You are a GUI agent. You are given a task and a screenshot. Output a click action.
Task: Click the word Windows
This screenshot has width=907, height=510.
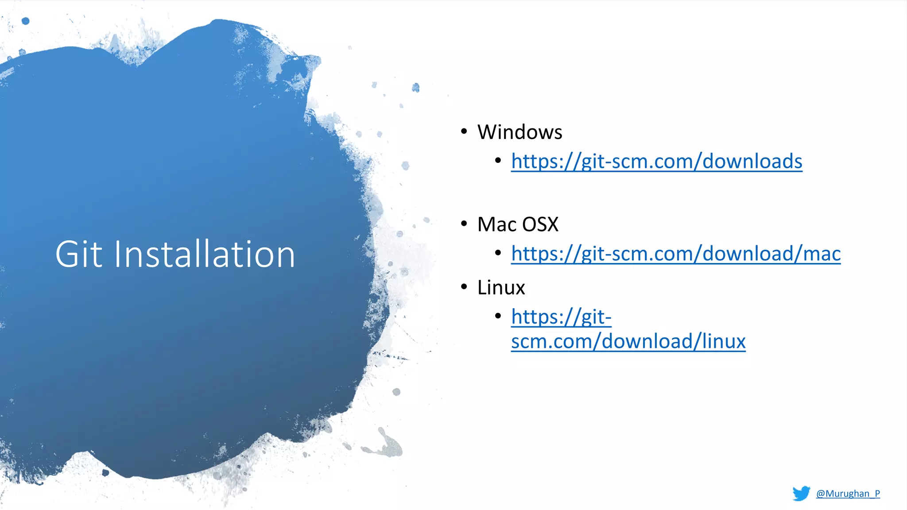[x=519, y=132]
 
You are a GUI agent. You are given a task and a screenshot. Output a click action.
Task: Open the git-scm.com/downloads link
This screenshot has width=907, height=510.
[x=656, y=161]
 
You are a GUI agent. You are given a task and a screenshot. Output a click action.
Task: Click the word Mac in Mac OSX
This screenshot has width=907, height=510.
[x=496, y=224]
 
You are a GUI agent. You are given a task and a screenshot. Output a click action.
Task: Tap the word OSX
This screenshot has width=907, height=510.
[x=540, y=224]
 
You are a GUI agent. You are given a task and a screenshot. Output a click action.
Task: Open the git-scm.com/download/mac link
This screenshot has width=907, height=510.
[x=675, y=254]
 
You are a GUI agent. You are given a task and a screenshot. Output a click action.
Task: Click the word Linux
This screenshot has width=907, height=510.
[x=501, y=288]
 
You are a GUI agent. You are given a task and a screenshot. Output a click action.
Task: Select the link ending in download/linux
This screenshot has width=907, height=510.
[x=628, y=341]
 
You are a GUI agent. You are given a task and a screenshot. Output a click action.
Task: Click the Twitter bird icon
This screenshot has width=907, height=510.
[x=801, y=493]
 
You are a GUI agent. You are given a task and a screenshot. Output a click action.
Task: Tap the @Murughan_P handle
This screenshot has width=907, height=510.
[x=848, y=494]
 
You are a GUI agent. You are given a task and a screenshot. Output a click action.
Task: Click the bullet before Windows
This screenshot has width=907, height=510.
[x=464, y=131]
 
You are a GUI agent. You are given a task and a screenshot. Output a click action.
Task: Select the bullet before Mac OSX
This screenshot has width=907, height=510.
[x=464, y=224]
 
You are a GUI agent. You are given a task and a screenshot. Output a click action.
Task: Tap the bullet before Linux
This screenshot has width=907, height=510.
[x=464, y=287]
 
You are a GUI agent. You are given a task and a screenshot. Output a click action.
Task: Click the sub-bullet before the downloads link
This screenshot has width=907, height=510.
[x=498, y=160]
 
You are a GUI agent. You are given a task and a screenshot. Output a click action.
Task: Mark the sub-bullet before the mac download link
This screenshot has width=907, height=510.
[x=498, y=253]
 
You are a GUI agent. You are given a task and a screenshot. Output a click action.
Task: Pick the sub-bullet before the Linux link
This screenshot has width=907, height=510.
[x=498, y=316]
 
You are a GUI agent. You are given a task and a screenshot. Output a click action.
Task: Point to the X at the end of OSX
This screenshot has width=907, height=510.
[x=552, y=224]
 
